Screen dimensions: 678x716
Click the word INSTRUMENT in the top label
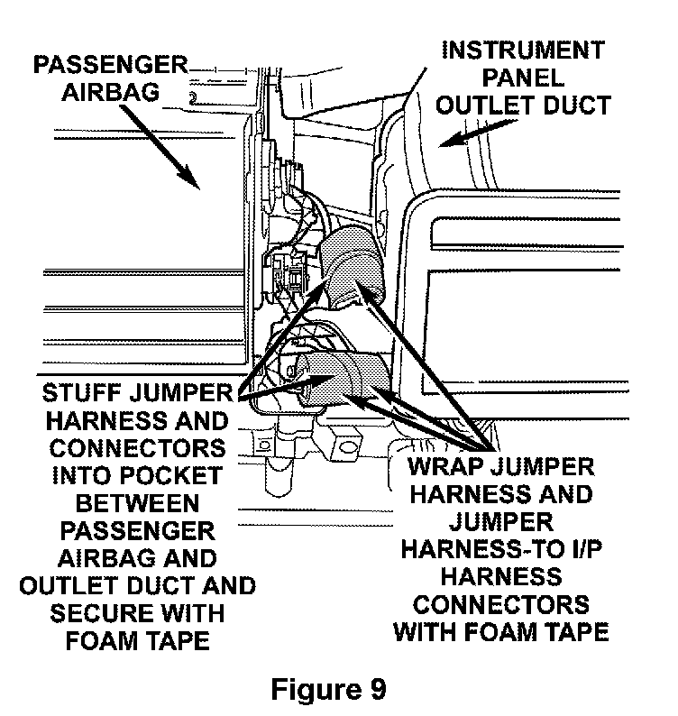pyautogui.click(x=523, y=50)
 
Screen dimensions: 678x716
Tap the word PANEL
pyautogui.click(x=523, y=78)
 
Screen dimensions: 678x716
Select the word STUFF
pyautogui.click(x=82, y=393)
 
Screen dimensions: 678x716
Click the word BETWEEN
pyautogui.click(x=137, y=504)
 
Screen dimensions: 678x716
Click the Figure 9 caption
pyautogui.click(x=328, y=689)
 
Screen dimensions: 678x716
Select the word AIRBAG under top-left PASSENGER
pyautogui.click(x=111, y=93)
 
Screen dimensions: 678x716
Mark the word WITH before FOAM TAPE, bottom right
pyautogui.click(x=426, y=632)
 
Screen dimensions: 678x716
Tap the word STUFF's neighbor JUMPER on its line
pyautogui.click(x=181, y=393)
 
